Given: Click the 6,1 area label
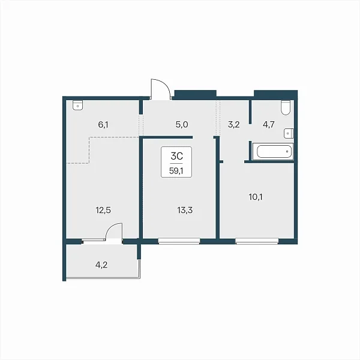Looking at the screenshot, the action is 103,125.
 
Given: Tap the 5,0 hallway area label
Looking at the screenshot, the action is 182,125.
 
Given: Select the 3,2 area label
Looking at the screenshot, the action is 234,125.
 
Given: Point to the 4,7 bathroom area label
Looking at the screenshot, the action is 269,125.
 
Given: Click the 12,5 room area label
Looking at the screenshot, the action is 103,210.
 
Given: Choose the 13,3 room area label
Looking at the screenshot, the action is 185,210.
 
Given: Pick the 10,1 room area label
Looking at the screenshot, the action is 256,197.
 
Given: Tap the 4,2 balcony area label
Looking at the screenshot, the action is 101,265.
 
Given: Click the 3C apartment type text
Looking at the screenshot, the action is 177,156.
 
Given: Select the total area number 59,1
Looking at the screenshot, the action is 176,171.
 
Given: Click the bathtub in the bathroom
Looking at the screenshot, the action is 273,152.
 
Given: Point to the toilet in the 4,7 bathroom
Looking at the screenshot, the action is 286,107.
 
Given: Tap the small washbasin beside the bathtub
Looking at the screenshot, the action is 289,133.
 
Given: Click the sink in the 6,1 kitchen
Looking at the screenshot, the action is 78,106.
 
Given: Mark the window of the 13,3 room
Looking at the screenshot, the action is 179,241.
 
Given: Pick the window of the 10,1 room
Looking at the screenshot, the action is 257,241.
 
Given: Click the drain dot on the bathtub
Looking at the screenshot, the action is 287,152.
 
